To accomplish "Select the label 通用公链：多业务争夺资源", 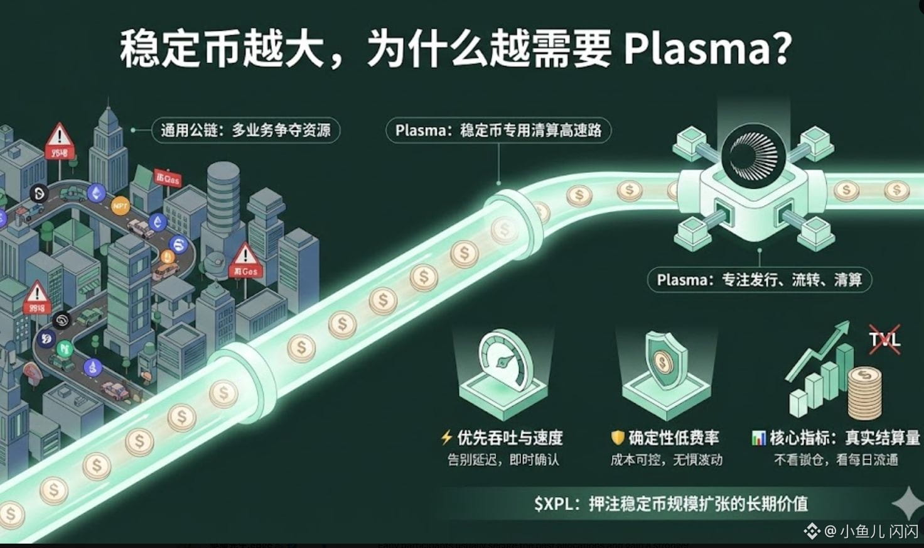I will tap(245, 130).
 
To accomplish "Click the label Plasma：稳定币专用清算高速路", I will tap(498, 130).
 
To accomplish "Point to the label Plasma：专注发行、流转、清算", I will tap(759, 280).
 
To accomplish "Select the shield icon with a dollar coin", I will tap(663, 361).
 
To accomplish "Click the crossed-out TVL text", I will tap(884, 340).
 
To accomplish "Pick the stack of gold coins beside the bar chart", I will tap(865, 393).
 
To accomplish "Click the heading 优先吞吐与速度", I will tap(509, 437).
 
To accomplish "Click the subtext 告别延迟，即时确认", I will tap(503, 460).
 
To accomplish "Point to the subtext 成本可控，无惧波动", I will tap(666, 460).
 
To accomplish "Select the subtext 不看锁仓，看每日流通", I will tap(835, 460).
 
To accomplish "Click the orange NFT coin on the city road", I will tap(119, 205).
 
